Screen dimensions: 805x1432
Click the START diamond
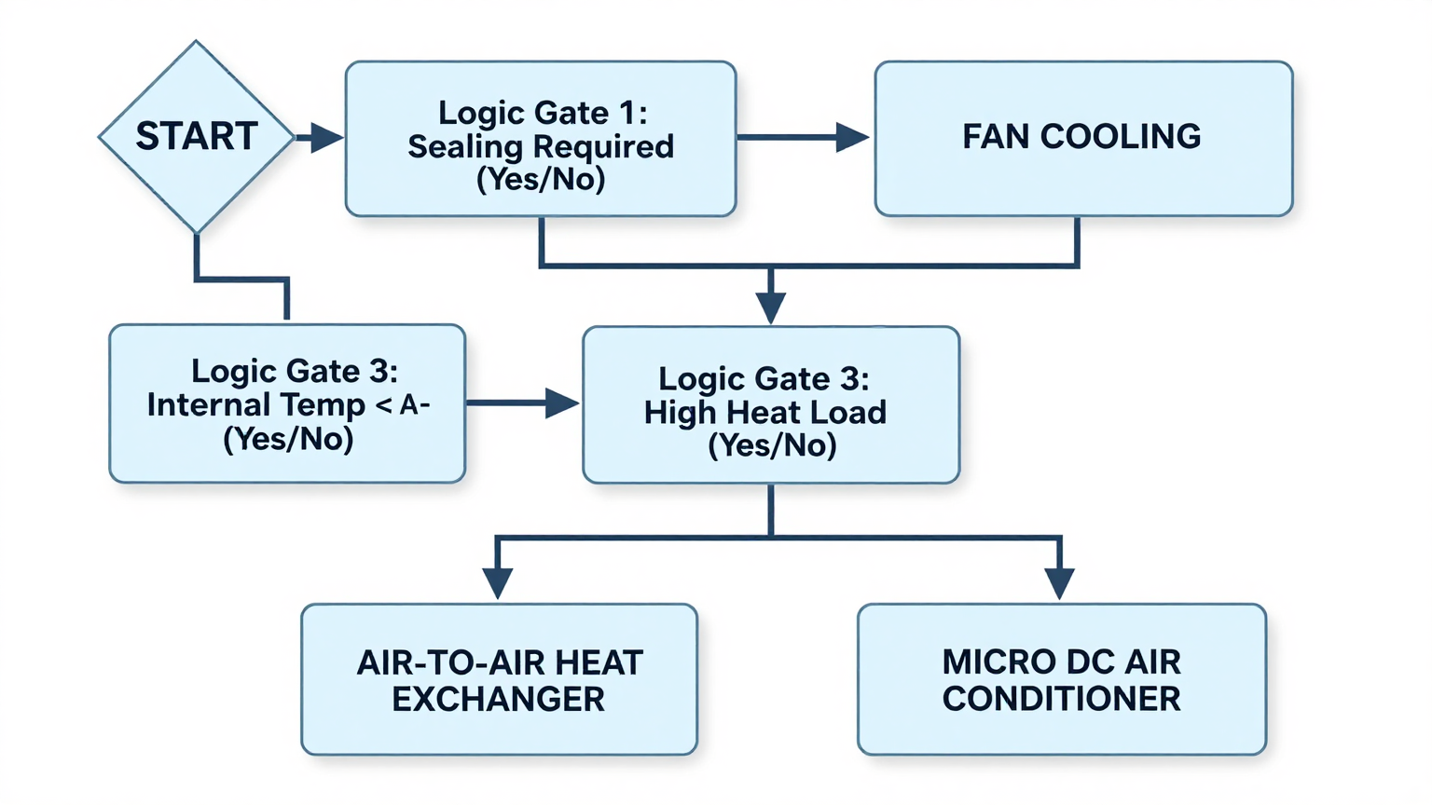click(x=196, y=137)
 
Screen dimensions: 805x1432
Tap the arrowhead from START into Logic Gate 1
click(x=326, y=138)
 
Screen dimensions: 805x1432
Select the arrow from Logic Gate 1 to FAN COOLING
click(x=802, y=138)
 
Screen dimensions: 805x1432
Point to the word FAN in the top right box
click(x=996, y=137)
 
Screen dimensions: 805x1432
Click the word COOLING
click(x=1121, y=137)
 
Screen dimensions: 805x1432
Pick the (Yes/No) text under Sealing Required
click(x=541, y=179)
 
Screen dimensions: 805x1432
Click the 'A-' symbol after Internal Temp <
click(x=415, y=405)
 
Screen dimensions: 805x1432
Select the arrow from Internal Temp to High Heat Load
click(x=522, y=403)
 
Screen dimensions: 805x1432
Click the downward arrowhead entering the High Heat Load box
click(x=771, y=307)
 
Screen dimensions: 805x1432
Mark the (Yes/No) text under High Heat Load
click(x=772, y=445)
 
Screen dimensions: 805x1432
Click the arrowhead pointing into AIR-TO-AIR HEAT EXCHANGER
click(x=498, y=582)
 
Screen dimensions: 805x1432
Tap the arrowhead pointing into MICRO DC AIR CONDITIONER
click(x=1059, y=582)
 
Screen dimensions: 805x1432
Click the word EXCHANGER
click(x=498, y=700)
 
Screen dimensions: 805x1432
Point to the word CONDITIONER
click(x=1061, y=700)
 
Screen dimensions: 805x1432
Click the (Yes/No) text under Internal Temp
click(x=288, y=439)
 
